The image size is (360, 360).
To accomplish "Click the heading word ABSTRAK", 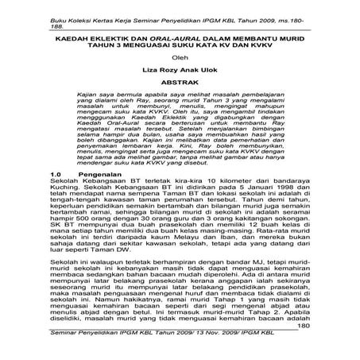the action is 180,82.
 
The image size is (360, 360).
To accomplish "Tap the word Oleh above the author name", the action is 180,56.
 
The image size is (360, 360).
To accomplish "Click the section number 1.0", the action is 56,194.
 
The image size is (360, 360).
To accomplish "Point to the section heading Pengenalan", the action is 105,194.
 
